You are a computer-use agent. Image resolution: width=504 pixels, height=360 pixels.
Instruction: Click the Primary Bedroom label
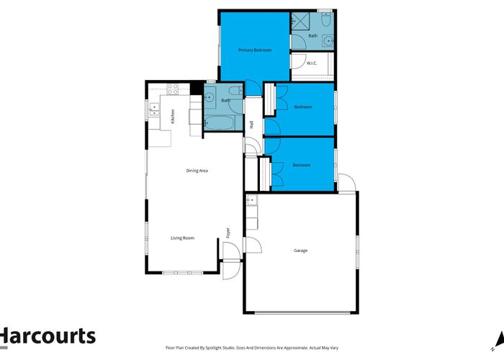pyautogui.click(x=255, y=50)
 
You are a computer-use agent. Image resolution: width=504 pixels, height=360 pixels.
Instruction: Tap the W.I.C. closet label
pyautogui.click(x=312, y=63)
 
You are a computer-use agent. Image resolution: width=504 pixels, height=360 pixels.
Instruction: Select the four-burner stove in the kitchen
pyautogui.click(x=172, y=89)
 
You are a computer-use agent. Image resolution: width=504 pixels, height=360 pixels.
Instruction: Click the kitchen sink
pyautogui.click(x=154, y=110)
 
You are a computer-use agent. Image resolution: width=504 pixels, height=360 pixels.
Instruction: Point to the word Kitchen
pyautogui.click(x=173, y=116)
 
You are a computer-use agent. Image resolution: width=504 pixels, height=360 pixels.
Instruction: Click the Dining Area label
pyautogui.click(x=197, y=171)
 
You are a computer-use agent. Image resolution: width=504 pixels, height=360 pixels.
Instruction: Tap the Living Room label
pyautogui.click(x=183, y=238)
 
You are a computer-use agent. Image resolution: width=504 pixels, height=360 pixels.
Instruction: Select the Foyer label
pyautogui.click(x=228, y=233)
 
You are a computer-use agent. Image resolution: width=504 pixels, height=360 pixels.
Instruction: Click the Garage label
pyautogui.click(x=300, y=251)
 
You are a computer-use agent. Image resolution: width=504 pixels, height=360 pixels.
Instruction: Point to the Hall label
pyautogui.click(x=251, y=125)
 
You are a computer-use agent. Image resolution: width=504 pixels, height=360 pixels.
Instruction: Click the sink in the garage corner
pyautogui.click(x=251, y=203)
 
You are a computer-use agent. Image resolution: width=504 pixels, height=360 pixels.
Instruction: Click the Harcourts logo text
pyautogui.click(x=48, y=336)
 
